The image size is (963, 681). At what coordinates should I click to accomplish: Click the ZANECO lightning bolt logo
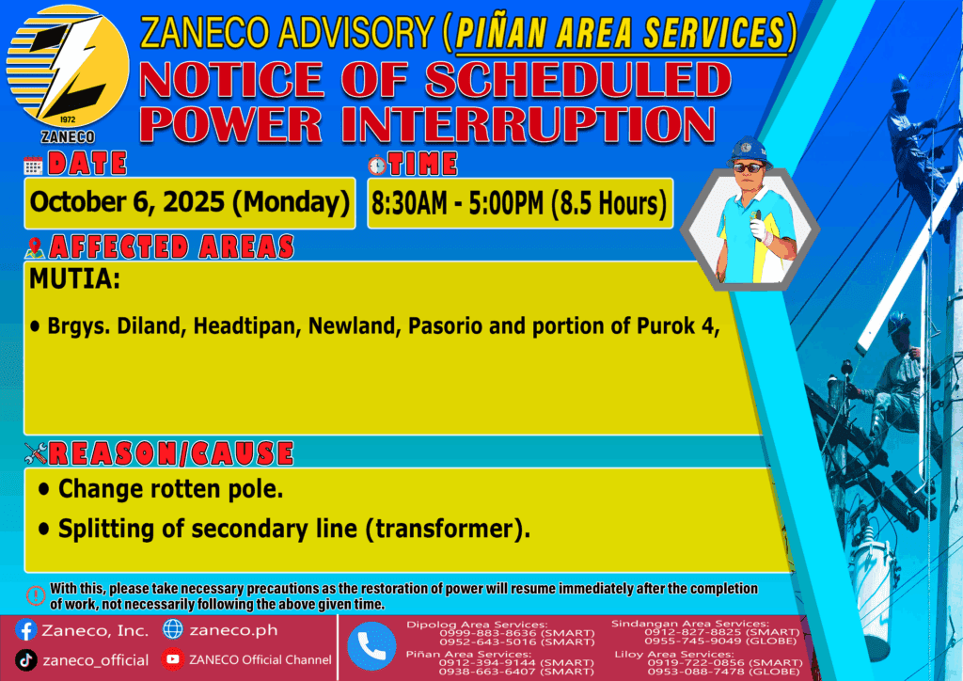pos(68,68)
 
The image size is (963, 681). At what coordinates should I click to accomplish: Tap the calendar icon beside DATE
pos(33,166)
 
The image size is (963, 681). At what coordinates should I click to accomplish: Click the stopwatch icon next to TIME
pos(376,165)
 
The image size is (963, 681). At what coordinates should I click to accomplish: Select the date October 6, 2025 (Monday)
pos(189,202)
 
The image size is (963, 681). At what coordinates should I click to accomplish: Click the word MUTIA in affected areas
pos(74,279)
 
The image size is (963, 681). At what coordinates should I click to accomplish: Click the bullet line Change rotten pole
pos(161,489)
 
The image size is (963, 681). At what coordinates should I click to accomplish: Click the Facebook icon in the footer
pos(25,630)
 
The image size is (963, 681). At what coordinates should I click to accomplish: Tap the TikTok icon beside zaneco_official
pos(25,660)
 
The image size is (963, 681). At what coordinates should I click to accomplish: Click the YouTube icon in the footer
pos(173,659)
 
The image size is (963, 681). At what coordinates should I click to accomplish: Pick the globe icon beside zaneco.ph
pos(173,629)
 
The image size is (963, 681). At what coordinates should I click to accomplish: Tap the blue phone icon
pos(371,646)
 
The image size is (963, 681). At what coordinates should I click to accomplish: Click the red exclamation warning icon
pos(36,595)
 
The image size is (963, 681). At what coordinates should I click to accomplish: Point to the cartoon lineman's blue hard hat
pos(749,150)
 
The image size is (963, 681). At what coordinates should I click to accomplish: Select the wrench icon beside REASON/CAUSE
pos(36,453)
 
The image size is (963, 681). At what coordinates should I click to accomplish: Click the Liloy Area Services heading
pos(673,655)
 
